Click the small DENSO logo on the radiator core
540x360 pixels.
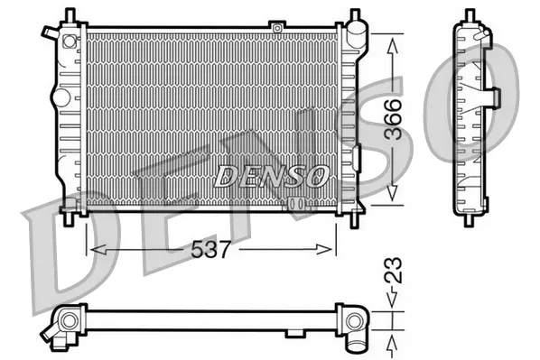click(271, 177)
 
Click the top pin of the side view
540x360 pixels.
click(470, 14)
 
